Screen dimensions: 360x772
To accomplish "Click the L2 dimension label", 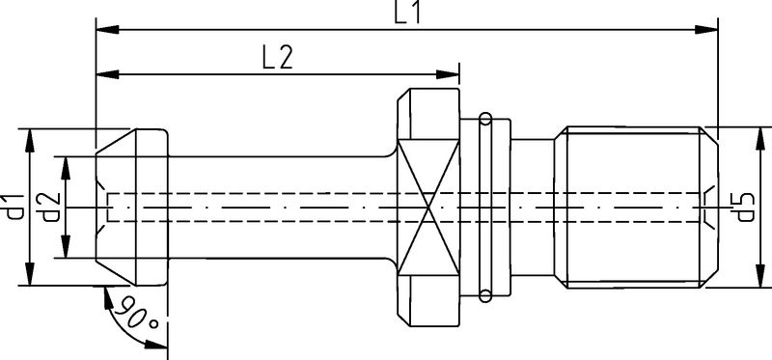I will click(x=277, y=58).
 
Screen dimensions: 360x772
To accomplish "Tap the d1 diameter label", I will click(x=14, y=208).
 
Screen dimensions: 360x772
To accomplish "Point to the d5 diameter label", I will click(x=743, y=208).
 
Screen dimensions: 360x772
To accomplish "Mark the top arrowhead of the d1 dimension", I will click(x=32, y=135).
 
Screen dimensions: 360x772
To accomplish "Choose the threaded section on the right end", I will click(x=637, y=208).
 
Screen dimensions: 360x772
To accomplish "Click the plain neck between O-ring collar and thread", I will click(x=536, y=208).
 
